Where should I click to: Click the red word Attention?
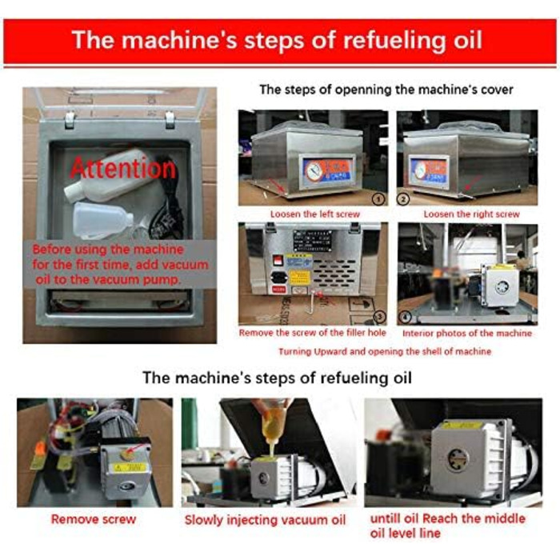pos(123,169)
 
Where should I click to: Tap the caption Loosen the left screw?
pos(314,214)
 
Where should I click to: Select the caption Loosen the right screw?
pos(471,214)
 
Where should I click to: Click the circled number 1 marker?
pos(380,198)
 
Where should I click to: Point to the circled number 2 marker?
pos(403,198)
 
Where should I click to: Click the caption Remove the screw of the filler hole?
pos(313,333)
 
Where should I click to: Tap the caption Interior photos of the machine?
pos(467,334)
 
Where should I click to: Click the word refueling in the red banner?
pos(395,40)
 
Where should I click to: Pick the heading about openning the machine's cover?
pos(386,90)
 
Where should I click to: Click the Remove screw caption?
pos(94,519)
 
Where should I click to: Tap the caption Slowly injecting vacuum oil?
pos(265,520)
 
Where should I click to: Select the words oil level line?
pos(406,534)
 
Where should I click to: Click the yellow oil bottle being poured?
pos(273,426)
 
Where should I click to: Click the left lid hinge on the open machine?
pos(70,120)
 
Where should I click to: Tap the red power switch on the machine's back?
pos(277,260)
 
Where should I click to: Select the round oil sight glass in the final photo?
pos(458,460)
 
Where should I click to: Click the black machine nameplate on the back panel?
pos(313,240)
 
